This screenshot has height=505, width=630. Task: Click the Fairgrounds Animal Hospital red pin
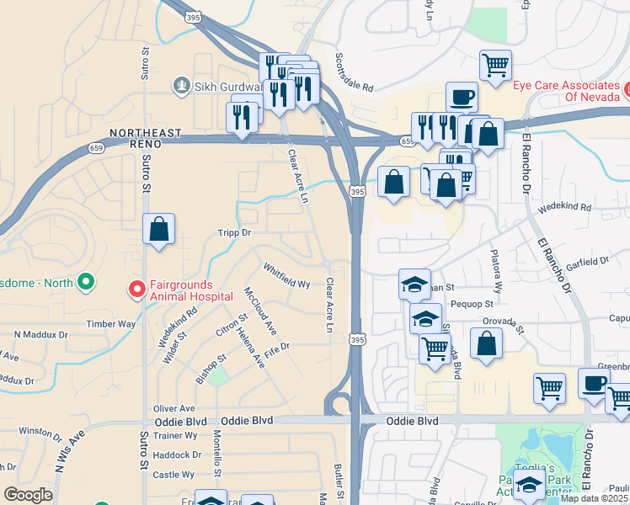click(136, 290)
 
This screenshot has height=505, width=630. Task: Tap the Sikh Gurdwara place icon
click(180, 84)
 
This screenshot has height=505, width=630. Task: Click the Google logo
click(29, 495)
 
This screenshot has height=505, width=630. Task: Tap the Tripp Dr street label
click(235, 232)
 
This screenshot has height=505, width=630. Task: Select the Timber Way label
click(110, 323)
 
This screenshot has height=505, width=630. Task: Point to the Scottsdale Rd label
click(354, 73)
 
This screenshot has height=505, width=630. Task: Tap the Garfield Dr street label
click(587, 261)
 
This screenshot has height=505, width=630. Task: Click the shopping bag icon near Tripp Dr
click(158, 229)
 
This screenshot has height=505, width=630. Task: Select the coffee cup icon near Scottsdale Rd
click(461, 97)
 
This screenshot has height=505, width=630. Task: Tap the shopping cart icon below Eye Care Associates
click(495, 64)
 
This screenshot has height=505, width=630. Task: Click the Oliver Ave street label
click(174, 408)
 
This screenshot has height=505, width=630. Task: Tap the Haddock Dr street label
click(179, 454)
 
